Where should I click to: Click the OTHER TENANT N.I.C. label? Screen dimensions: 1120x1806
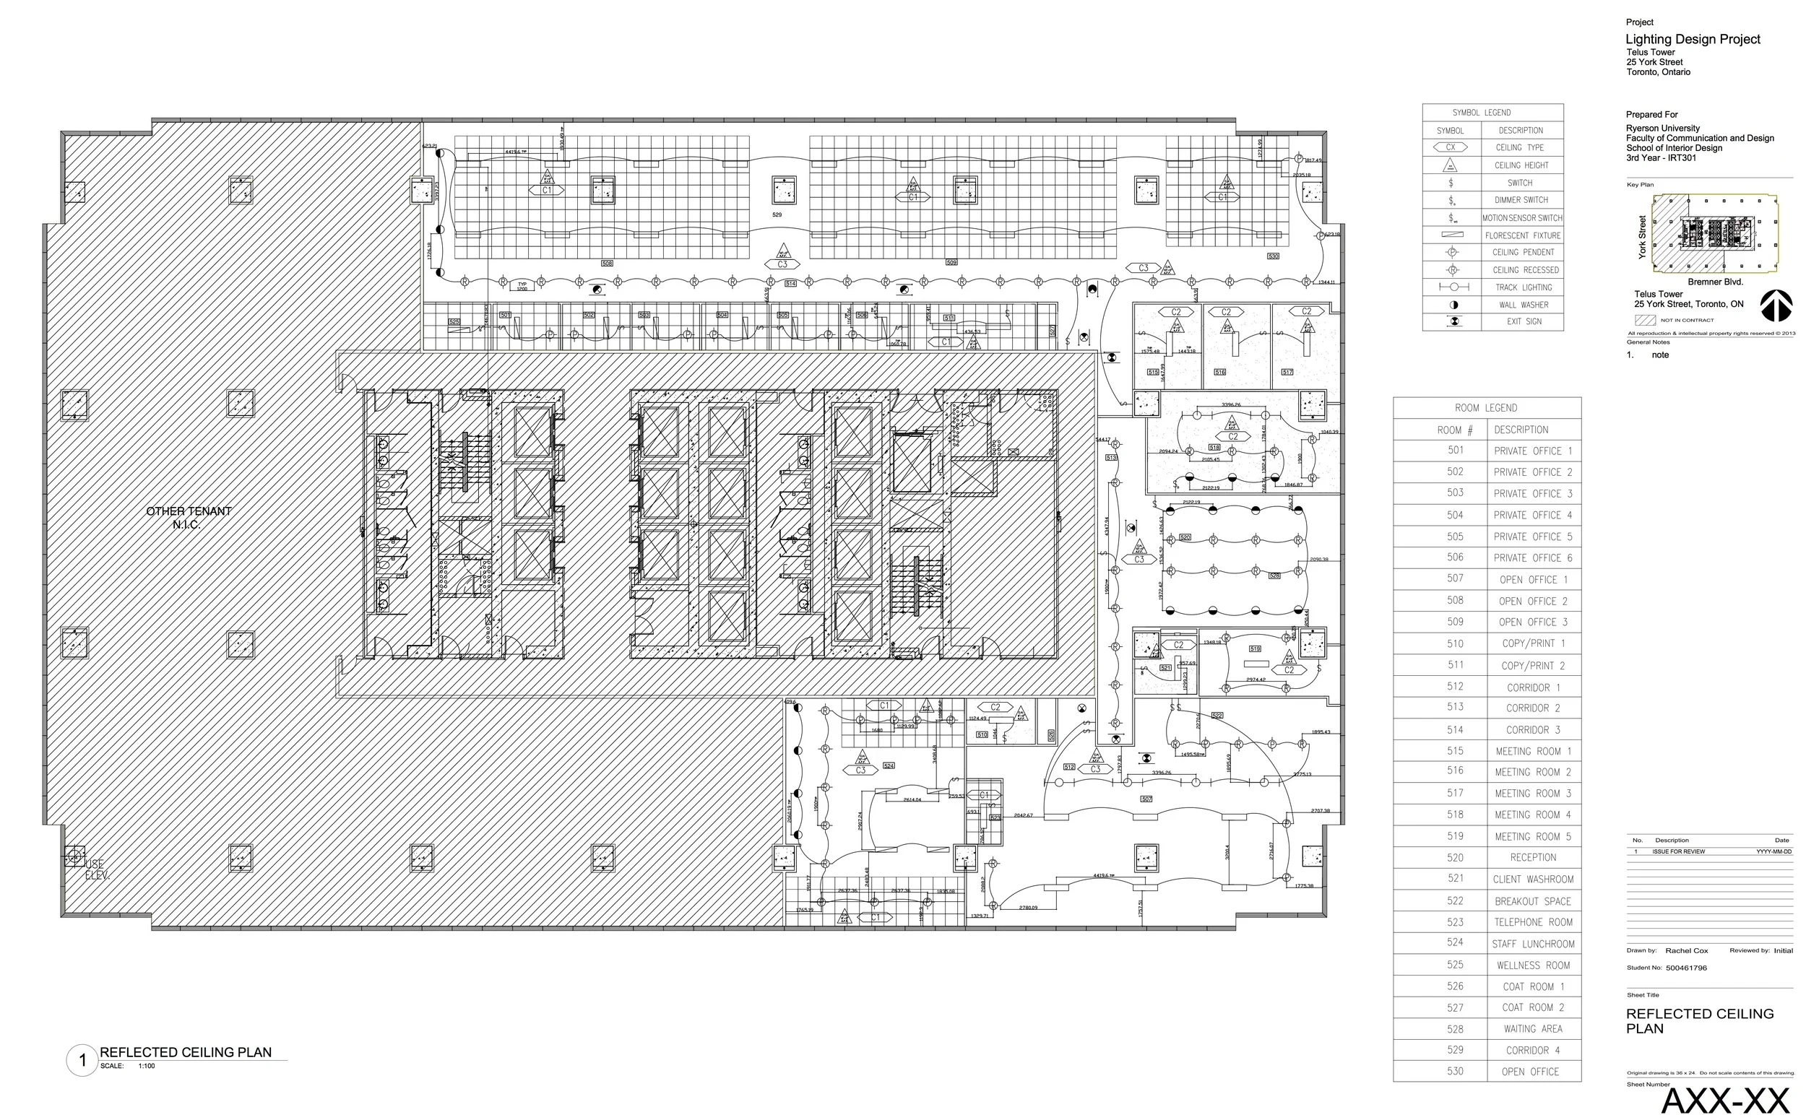pyautogui.click(x=189, y=518)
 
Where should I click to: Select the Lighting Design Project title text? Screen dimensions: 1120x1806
pyautogui.click(x=1692, y=39)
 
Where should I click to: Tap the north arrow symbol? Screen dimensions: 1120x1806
pyautogui.click(x=1776, y=306)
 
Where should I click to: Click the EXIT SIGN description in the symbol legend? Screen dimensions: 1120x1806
pyautogui.click(x=1523, y=321)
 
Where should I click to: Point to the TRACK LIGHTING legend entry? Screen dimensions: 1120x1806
pyautogui.click(x=1523, y=287)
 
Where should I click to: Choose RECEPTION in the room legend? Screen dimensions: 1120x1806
pyautogui.click(x=1532, y=857)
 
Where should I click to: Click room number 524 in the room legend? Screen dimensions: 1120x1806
pyautogui.click(x=1455, y=942)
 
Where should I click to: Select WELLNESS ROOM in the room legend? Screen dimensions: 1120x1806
pyautogui.click(x=1532, y=965)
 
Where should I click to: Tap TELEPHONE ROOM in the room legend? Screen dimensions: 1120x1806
pyautogui.click(x=1532, y=922)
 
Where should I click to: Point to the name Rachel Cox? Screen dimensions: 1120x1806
pyautogui.click(x=1686, y=950)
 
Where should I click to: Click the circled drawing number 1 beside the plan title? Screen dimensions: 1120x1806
pyautogui.click(x=82, y=1060)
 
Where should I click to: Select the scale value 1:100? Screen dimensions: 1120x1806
pyautogui.click(x=146, y=1067)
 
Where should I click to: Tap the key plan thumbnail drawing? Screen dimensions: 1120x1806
pyautogui.click(x=1714, y=233)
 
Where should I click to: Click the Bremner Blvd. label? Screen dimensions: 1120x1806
pyautogui.click(x=1715, y=282)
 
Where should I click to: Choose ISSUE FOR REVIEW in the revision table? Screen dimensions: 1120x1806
pyautogui.click(x=1678, y=851)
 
